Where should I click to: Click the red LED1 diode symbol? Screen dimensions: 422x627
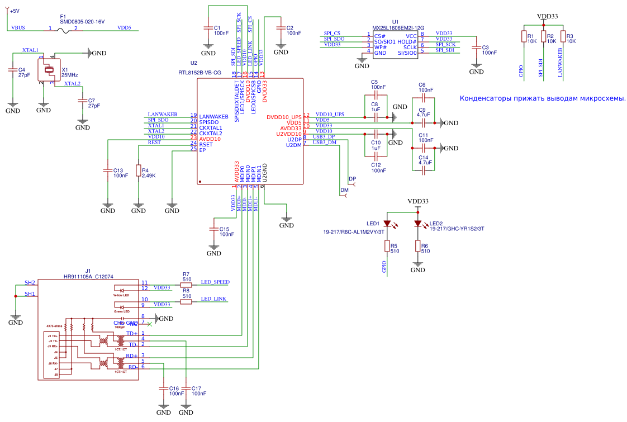pos(387,223)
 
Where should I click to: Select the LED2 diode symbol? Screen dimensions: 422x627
pos(417,223)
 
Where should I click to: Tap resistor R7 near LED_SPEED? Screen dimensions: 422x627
pos(186,285)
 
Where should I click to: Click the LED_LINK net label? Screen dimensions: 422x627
pos(213,299)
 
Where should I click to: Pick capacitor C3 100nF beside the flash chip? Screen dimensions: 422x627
pos(476,49)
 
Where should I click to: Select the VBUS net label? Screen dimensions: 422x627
pos(18,27)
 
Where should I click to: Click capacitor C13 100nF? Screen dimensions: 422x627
pos(107,172)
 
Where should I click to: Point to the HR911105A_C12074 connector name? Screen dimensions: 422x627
pos(88,276)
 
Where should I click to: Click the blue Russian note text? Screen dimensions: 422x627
pos(542,98)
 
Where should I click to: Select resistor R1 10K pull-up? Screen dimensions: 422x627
pos(524,37)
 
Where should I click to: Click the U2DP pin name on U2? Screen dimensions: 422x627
pos(294,139)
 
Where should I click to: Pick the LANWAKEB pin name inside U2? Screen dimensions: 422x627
pos(213,116)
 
